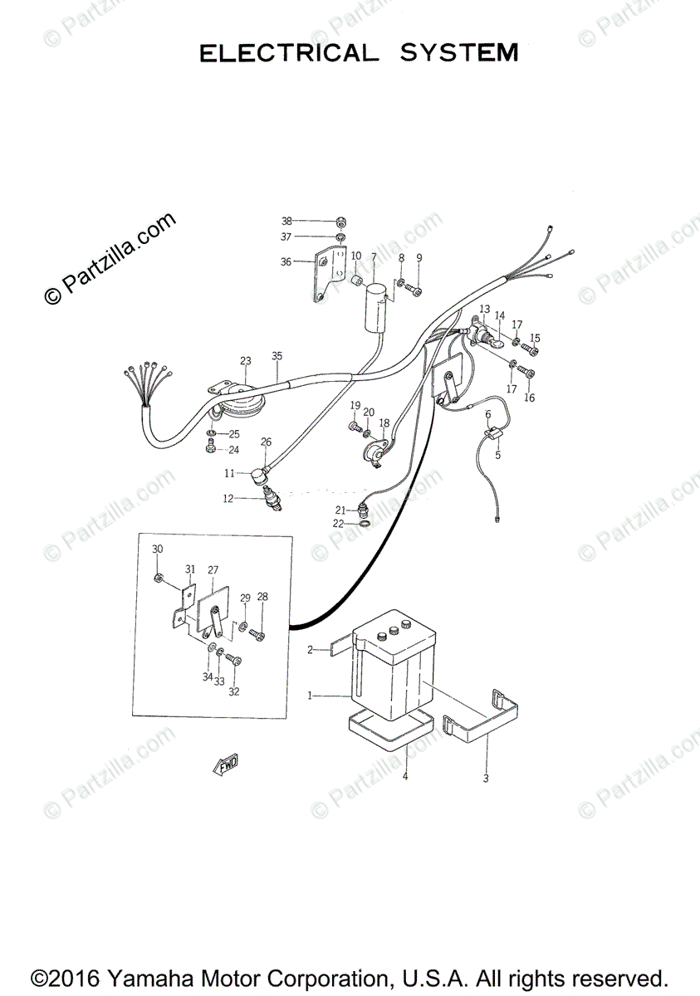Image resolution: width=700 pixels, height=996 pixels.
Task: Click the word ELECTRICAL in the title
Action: tap(288, 53)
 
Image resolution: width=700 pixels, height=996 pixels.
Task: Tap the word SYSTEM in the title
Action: tap(459, 53)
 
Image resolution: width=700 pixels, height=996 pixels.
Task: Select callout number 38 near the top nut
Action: tap(286, 221)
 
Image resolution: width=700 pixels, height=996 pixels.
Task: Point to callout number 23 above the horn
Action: tap(246, 360)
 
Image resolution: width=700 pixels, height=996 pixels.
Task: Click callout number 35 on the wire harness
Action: tap(277, 356)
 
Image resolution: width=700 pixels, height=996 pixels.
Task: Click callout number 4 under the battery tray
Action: tap(405, 776)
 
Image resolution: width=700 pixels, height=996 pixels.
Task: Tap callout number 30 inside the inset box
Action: tap(158, 549)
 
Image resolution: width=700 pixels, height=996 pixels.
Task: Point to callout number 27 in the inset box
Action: tap(213, 569)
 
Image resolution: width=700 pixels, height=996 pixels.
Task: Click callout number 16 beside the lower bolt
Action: tap(529, 397)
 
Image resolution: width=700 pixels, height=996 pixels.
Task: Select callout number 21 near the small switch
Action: tap(340, 510)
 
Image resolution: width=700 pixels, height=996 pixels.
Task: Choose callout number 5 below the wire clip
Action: tap(497, 455)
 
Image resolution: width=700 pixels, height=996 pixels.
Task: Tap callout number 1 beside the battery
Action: tap(310, 695)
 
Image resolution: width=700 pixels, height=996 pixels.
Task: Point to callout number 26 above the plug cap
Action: tap(266, 442)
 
